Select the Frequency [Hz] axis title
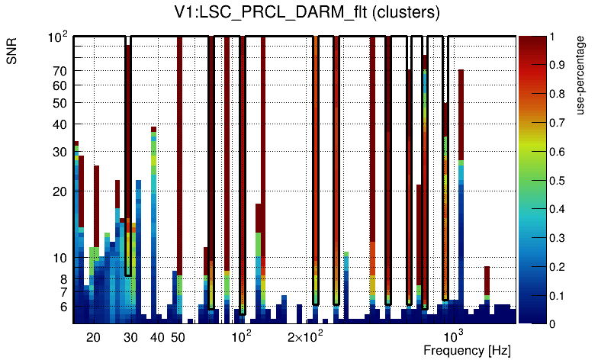pyautogui.click(x=467, y=350)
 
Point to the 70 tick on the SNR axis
pyautogui.click(x=60, y=71)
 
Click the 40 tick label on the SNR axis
pyautogui.click(x=60, y=124)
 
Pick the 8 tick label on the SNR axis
pyautogui.click(x=64, y=278)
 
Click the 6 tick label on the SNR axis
pyautogui.click(x=64, y=307)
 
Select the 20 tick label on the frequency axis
pyautogui.click(x=93, y=336)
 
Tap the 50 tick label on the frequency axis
pyautogui.click(x=178, y=336)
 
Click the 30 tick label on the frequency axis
pyautogui.click(x=130, y=336)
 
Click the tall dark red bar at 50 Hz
pyautogui.click(x=179, y=153)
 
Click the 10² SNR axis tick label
pyautogui.click(x=58, y=37)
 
